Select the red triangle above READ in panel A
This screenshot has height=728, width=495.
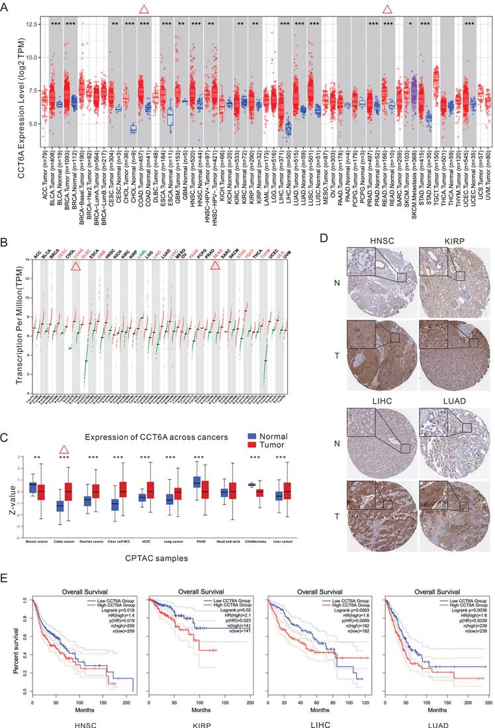click(x=387, y=9)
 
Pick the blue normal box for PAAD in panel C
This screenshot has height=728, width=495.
click(x=197, y=482)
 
